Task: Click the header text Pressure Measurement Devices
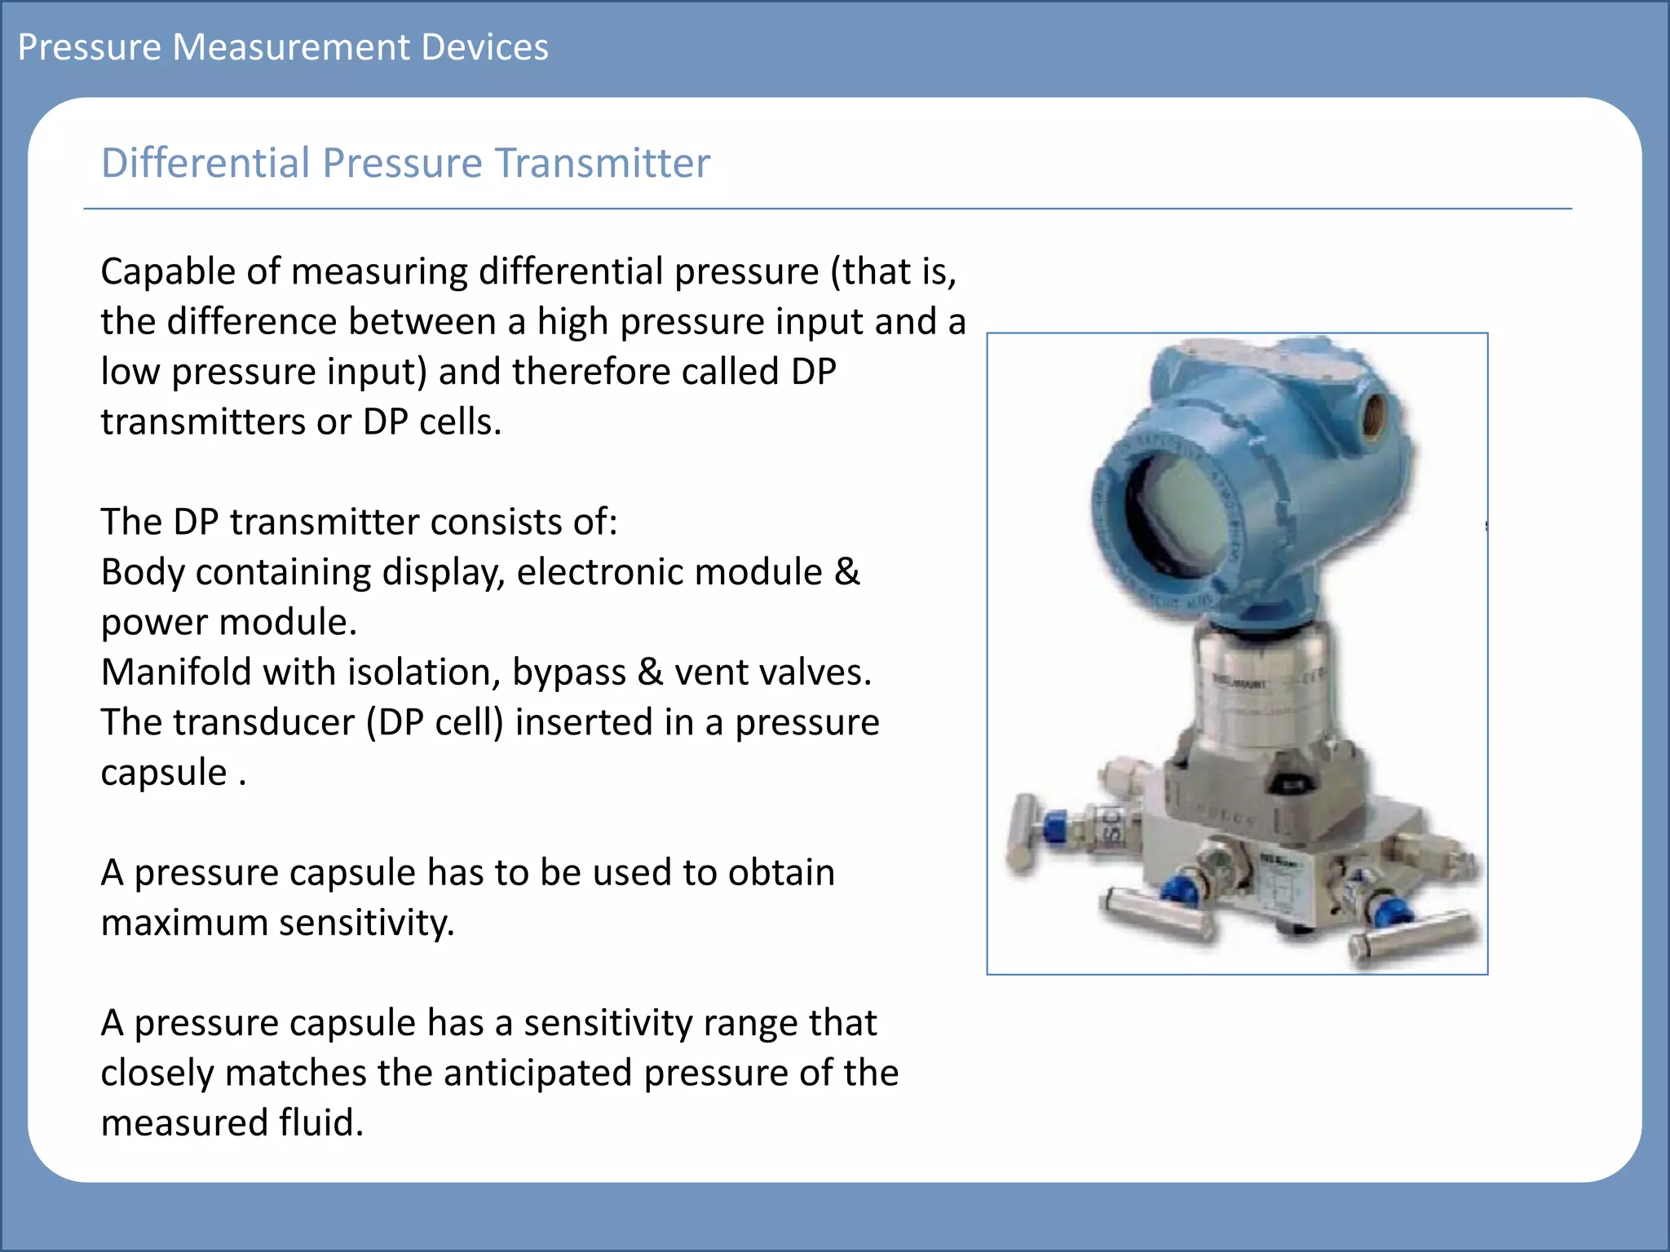pyautogui.click(x=282, y=47)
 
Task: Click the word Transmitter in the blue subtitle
pyautogui.click(x=603, y=163)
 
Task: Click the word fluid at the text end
pyautogui.click(x=320, y=1123)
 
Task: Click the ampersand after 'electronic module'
pyautogui.click(x=846, y=572)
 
